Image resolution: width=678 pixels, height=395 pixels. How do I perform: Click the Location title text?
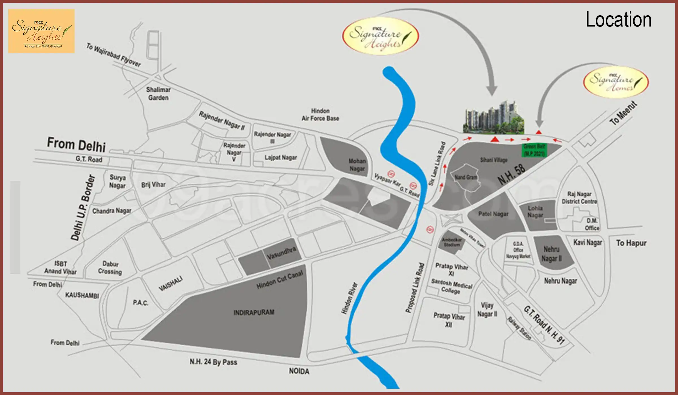(618, 20)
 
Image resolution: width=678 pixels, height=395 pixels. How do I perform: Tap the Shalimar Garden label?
(158, 94)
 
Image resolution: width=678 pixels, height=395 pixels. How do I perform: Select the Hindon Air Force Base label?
(320, 115)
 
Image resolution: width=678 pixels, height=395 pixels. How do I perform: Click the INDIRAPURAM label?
(254, 312)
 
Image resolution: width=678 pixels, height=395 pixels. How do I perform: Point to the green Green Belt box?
(534, 150)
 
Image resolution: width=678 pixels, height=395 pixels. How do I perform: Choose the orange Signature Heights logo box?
(41, 31)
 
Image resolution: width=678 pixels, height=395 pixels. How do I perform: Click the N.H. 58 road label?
(512, 174)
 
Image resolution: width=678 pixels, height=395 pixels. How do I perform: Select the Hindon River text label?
(349, 298)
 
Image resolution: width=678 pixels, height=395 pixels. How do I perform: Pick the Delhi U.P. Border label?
(83, 208)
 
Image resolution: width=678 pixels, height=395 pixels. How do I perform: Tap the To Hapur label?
(631, 243)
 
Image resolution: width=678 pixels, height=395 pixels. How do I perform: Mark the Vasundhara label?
(281, 253)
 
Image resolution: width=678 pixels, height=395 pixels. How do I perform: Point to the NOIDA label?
(299, 371)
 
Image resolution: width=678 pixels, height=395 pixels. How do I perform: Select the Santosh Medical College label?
(451, 286)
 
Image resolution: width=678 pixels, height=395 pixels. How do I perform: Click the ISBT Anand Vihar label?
(60, 267)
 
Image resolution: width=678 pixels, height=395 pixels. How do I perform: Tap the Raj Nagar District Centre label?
(579, 197)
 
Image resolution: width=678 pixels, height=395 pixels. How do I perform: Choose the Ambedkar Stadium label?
(452, 242)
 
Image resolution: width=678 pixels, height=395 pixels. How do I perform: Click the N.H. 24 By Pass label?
(213, 362)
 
